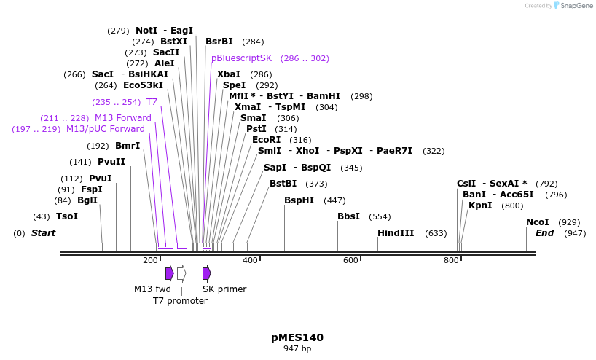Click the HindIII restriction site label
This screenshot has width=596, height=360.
pyautogui.click(x=396, y=233)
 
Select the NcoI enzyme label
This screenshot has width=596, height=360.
pyautogui.click(x=538, y=222)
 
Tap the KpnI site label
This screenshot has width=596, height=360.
pyautogui.click(x=480, y=206)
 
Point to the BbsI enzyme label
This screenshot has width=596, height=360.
pyautogui.click(x=348, y=216)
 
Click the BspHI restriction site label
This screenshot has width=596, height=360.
pyautogui.click(x=299, y=200)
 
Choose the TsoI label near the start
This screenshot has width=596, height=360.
pyautogui.click(x=67, y=216)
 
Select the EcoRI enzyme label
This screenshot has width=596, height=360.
pyautogui.click(x=266, y=140)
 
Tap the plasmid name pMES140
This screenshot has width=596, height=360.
pyautogui.click(x=297, y=337)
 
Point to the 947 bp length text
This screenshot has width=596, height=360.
pyautogui.click(x=297, y=349)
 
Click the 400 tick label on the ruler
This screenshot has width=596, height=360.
pyautogui.click(x=250, y=260)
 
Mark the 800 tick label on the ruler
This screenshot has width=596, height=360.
pyautogui.click(x=451, y=260)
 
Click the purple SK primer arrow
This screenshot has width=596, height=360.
pyautogui.click(x=207, y=273)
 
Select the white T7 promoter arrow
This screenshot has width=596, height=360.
pyautogui.click(x=181, y=273)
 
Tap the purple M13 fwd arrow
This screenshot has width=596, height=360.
pyautogui.click(x=170, y=273)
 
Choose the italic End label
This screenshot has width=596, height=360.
pyautogui.click(x=545, y=233)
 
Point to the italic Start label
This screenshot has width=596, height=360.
pyautogui.click(x=43, y=233)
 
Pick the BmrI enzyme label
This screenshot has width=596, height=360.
pyautogui.click(x=128, y=146)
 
